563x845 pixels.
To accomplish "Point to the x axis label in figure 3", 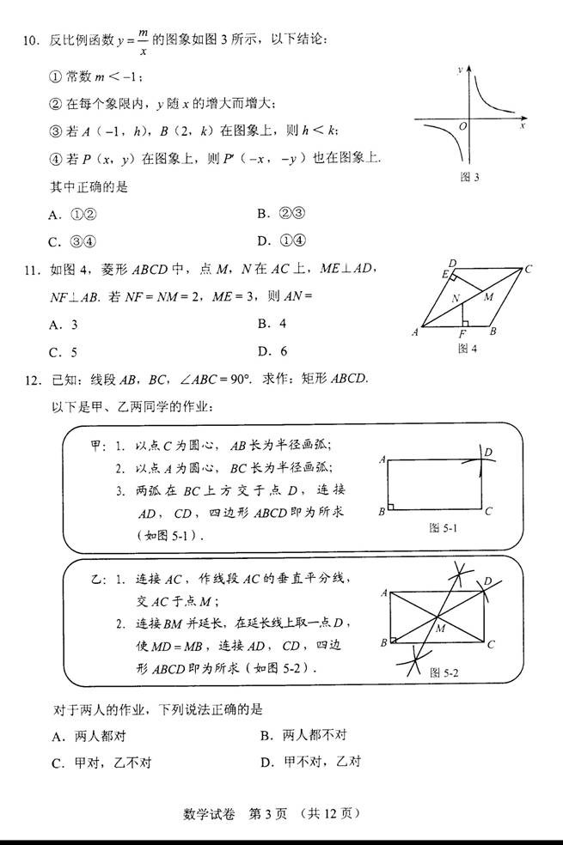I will (523, 126).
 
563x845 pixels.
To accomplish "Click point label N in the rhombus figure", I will (456, 299).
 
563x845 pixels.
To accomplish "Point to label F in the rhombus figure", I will (462, 334).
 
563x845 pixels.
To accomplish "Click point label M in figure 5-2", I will (440, 629).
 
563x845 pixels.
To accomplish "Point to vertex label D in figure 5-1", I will (488, 452).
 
